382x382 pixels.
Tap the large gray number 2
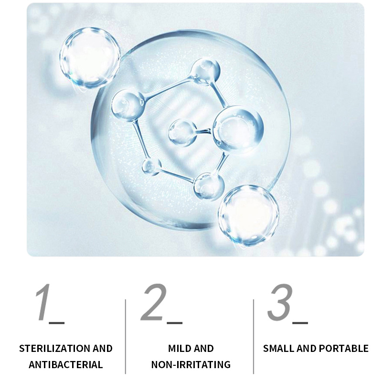coord(154,302)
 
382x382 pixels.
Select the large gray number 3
coord(280,302)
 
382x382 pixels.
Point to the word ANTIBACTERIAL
coord(66,365)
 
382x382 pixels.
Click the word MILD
coord(179,349)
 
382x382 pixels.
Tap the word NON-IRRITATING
coord(191,365)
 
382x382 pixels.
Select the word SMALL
coord(279,349)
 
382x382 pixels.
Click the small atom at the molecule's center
coord(182,133)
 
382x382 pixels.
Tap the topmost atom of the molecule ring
coord(205,71)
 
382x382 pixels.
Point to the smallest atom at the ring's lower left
coord(151,167)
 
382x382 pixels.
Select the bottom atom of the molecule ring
coord(209,186)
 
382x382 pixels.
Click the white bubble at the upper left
coord(90,58)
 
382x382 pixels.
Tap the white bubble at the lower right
coord(248,215)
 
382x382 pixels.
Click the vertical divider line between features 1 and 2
coord(126,337)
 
